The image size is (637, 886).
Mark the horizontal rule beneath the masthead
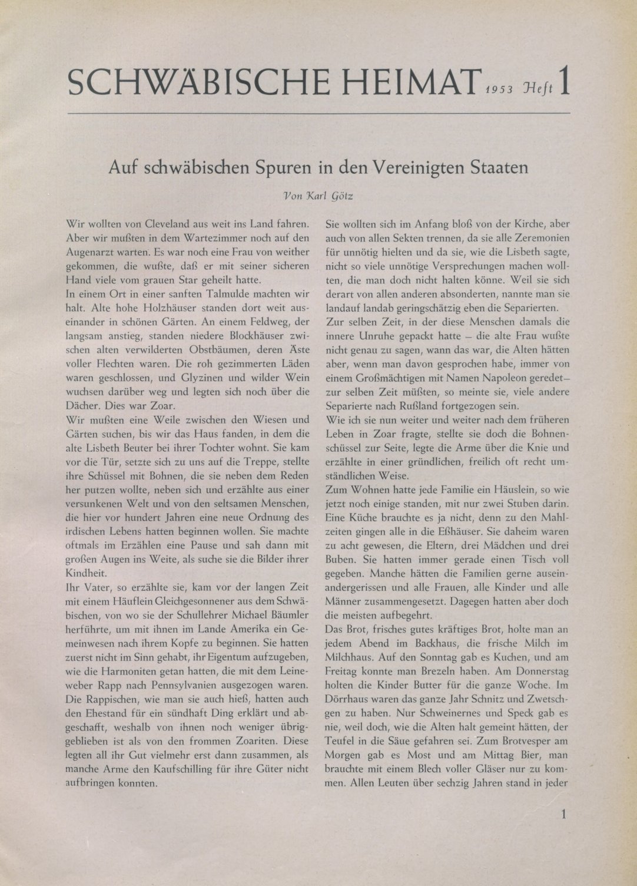pos(318,112)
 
